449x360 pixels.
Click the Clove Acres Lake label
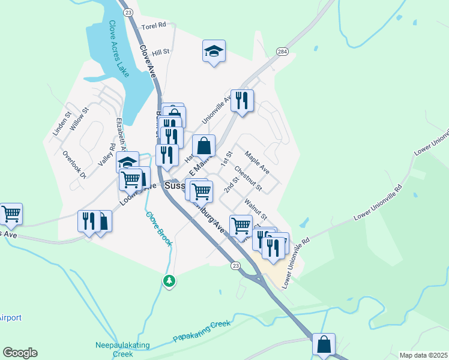(118, 49)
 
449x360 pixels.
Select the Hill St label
(161, 52)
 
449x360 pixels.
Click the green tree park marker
(170, 280)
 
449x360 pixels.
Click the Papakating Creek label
(202, 331)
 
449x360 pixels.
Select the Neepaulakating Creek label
(114, 349)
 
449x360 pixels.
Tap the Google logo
(20, 353)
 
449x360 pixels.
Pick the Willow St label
(79, 118)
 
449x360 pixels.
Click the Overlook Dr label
(74, 164)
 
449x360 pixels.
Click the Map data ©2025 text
(424, 355)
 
